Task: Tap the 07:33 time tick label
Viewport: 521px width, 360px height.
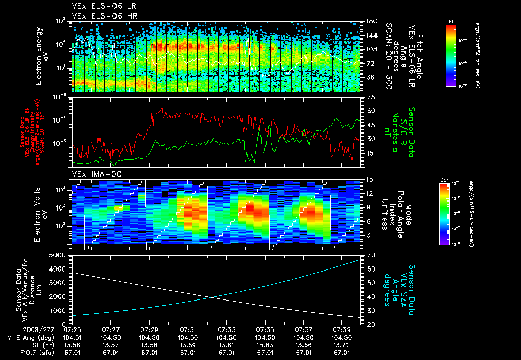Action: [226, 329]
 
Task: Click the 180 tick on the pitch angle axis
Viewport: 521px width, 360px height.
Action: [372, 21]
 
